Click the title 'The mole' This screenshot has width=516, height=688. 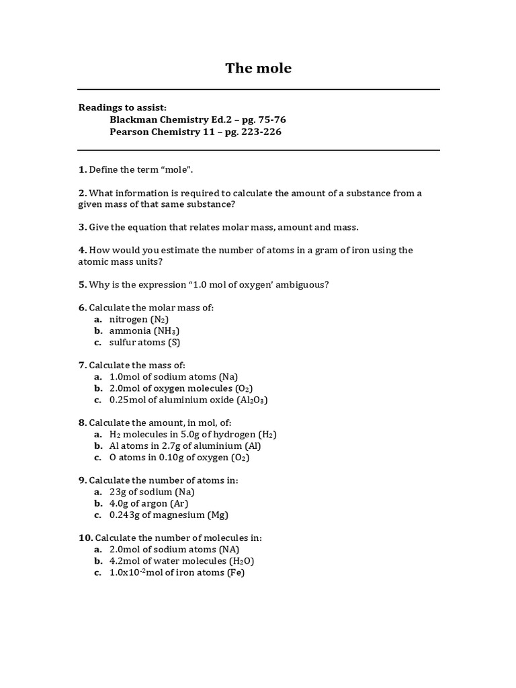point(258,68)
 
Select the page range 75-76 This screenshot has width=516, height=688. point(268,120)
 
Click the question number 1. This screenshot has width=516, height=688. point(82,170)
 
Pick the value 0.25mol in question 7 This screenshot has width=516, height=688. point(130,400)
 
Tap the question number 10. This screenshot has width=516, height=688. point(85,537)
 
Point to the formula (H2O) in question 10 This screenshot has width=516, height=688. point(241,561)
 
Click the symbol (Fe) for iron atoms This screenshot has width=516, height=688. point(236,573)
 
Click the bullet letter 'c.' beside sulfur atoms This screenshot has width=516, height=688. point(97,343)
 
